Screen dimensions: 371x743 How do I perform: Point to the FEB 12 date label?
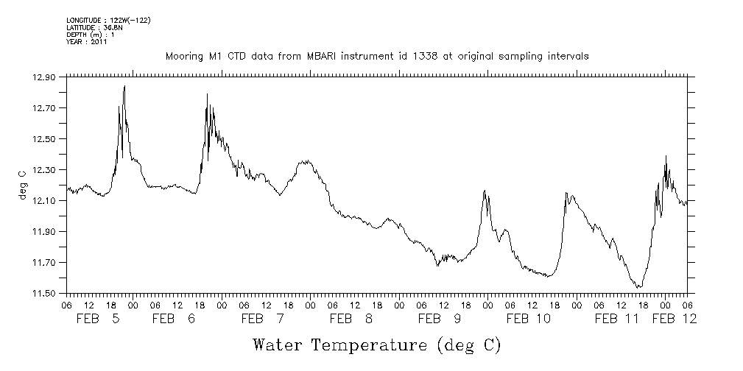(675, 319)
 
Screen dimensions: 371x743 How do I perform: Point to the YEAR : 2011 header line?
(87, 42)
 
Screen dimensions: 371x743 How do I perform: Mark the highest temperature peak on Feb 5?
(124, 86)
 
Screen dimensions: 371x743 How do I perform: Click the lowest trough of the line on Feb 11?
(639, 286)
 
